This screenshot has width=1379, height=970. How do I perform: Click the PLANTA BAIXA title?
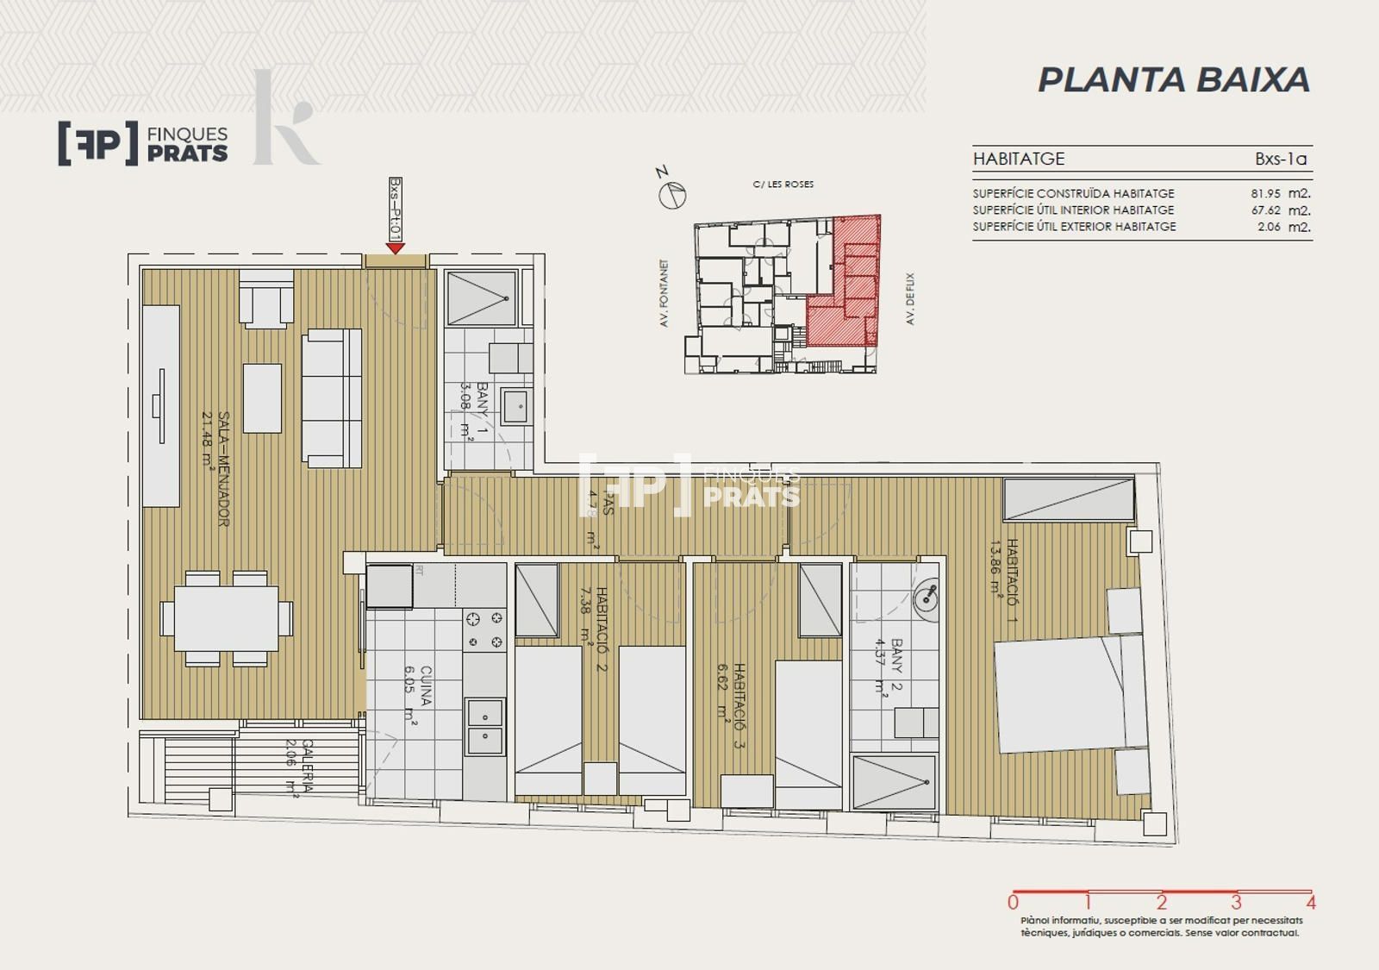1173,79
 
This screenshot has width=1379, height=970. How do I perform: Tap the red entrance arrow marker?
396,248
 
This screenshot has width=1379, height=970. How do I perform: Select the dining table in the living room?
227,617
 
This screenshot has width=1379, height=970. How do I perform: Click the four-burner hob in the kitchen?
484,629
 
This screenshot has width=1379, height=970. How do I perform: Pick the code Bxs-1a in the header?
1281,159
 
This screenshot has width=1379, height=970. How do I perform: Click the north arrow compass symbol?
672,195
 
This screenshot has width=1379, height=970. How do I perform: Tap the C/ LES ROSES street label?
783,184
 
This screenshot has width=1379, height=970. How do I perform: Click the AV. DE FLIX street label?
910,298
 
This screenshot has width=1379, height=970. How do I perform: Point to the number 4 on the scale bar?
1311,904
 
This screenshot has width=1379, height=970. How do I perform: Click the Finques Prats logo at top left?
143,143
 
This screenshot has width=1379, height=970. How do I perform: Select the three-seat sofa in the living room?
332,397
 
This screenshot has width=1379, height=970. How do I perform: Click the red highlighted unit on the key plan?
849,293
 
